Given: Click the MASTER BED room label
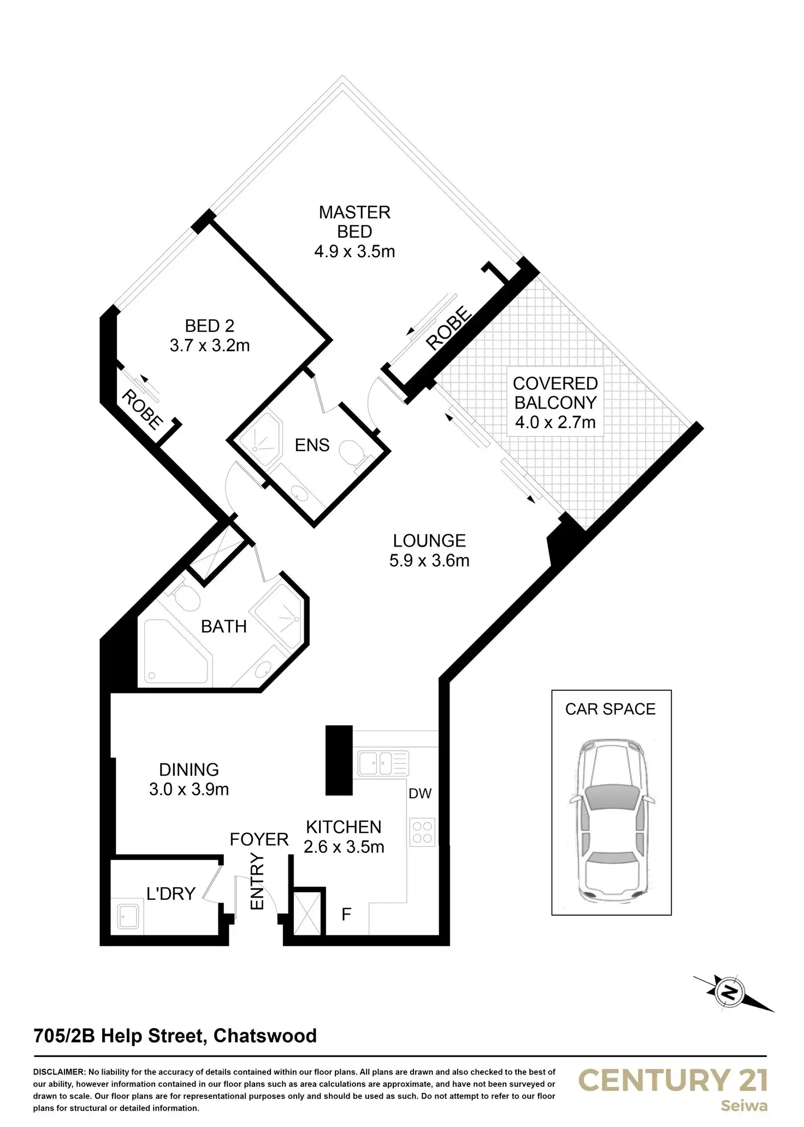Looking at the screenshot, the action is [354, 221].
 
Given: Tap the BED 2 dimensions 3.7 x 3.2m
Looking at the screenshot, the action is [210, 346].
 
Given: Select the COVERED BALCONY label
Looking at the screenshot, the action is [555, 393].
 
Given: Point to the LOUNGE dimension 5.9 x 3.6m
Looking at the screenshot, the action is [429, 561].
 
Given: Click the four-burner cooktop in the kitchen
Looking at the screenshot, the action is [422, 832].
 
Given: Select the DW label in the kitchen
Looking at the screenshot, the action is [420, 793].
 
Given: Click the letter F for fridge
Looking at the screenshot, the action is [346, 914].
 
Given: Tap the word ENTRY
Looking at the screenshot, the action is [257, 882].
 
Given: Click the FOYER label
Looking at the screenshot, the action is [259, 839].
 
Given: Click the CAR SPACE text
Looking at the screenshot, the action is [610, 709].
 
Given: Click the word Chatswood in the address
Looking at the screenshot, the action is [265, 1036].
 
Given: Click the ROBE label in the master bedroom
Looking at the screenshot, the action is [448, 328].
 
